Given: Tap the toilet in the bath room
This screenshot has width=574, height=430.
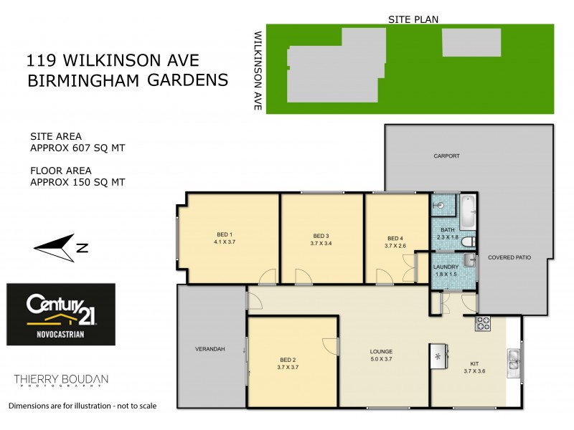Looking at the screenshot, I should (468, 242).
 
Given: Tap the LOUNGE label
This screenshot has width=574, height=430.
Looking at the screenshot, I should (380, 351).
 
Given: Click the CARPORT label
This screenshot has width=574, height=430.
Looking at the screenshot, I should (446, 156).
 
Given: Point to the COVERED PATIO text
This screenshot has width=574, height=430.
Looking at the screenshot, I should (509, 257).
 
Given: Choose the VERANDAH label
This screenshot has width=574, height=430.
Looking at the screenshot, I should (210, 349).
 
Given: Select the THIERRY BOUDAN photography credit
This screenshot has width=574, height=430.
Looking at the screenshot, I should (61, 379).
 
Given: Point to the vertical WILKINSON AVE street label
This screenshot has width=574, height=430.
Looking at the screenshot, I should (256, 70).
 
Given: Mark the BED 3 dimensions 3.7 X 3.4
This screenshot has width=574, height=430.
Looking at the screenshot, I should (321, 244).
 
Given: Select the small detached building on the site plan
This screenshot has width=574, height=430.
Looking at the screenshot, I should (471, 43).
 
